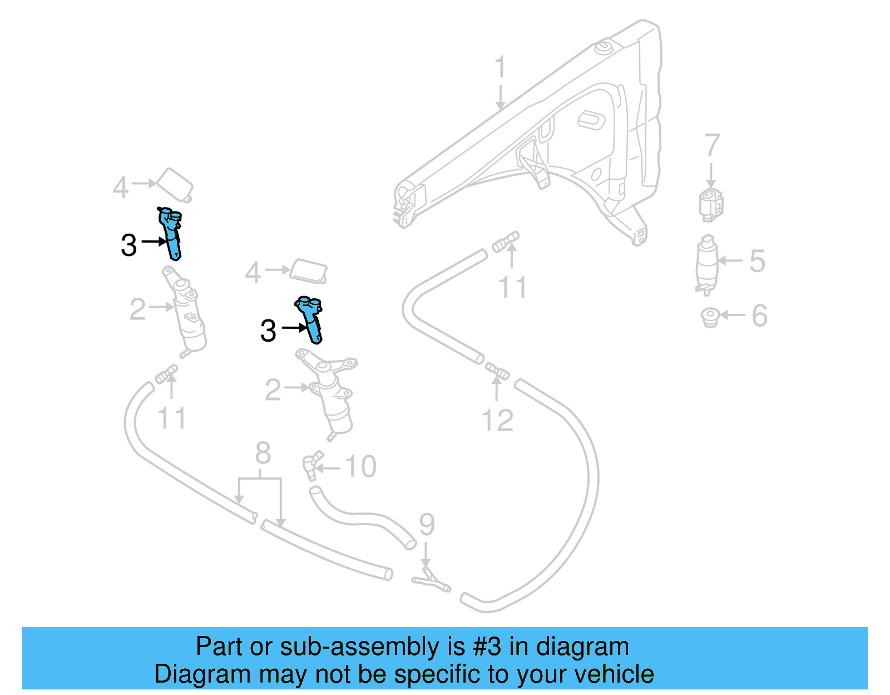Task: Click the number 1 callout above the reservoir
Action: click(x=500, y=67)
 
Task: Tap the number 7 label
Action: click(x=712, y=146)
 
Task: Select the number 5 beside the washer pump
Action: click(x=757, y=261)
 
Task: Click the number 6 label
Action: click(x=759, y=316)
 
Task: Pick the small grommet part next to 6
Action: click(x=710, y=318)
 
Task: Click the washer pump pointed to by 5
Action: click(x=707, y=265)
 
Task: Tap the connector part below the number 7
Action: click(x=711, y=204)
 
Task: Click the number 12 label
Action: click(x=497, y=421)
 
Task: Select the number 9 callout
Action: click(x=427, y=525)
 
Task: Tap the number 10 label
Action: click(x=360, y=466)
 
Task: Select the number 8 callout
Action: click(x=263, y=453)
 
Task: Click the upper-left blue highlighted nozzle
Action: click(x=171, y=233)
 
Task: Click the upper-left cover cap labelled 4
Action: click(x=176, y=184)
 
